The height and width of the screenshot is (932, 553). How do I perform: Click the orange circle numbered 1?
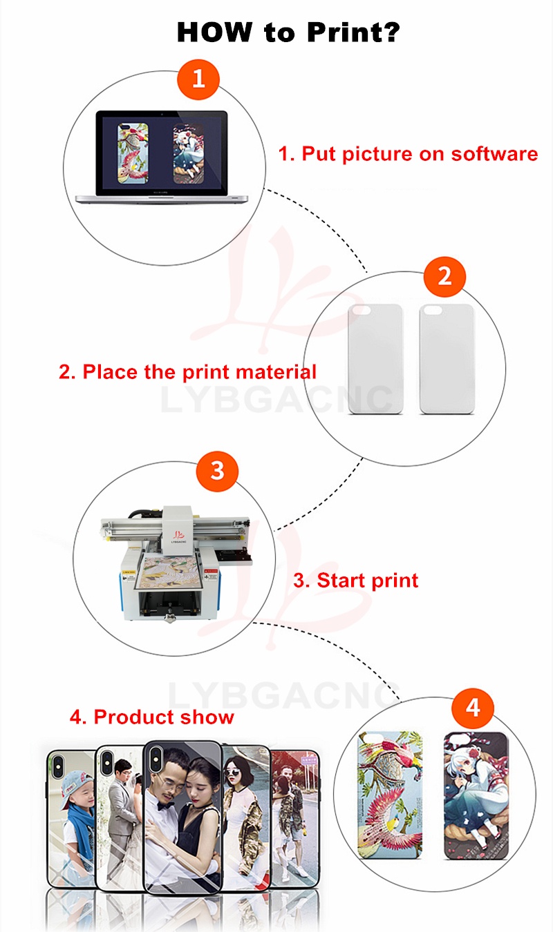point(198,79)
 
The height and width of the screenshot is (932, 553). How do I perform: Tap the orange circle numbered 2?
point(444,277)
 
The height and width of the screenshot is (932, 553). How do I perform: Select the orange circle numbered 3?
point(217,471)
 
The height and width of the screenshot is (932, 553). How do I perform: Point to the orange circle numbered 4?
point(473,708)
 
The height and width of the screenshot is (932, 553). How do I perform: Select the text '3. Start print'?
point(355,580)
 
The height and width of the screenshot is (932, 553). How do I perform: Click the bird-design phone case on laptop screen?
point(133,153)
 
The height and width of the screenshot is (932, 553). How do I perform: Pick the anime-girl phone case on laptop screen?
point(188,153)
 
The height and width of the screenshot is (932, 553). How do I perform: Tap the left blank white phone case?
point(375,359)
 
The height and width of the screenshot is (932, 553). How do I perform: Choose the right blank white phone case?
point(447,359)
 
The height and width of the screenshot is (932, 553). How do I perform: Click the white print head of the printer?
point(177,530)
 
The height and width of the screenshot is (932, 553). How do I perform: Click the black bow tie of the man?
point(165,806)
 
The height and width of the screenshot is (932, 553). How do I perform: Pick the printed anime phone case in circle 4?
point(476,795)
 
